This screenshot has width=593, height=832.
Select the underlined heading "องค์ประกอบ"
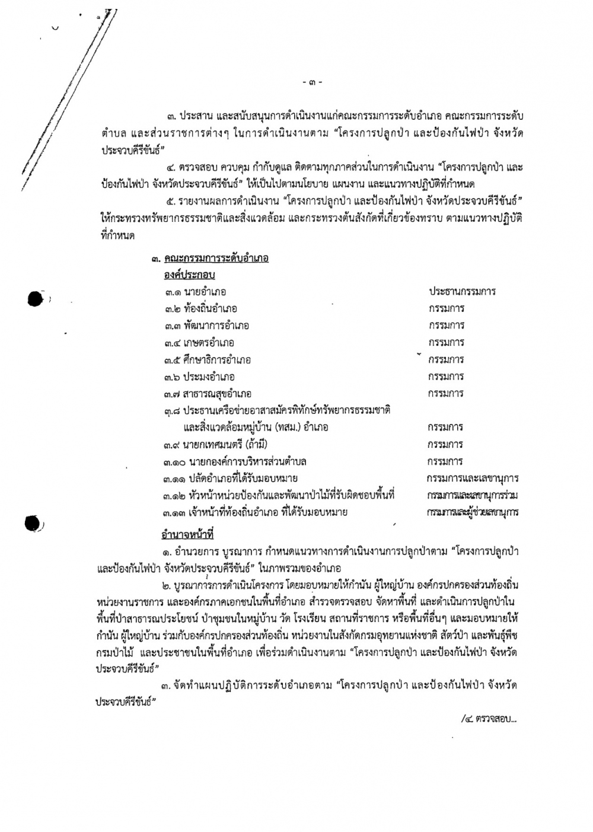(x=189, y=275)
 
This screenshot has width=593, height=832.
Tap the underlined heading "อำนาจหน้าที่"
(x=183, y=534)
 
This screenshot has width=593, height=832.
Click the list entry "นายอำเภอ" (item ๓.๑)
(x=205, y=292)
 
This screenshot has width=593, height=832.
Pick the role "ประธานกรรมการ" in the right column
(x=462, y=292)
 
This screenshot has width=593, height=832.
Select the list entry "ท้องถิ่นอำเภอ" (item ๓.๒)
(x=211, y=308)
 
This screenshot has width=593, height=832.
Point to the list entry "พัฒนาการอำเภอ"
(x=216, y=326)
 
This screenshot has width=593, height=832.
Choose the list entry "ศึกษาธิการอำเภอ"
(x=217, y=360)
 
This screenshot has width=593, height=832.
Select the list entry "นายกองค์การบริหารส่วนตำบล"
(x=244, y=462)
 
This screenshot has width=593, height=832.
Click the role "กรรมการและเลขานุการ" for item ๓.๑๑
(x=472, y=479)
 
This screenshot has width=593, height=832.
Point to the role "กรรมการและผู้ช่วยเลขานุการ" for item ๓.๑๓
(x=472, y=512)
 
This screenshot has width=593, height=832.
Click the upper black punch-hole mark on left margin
(x=35, y=299)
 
